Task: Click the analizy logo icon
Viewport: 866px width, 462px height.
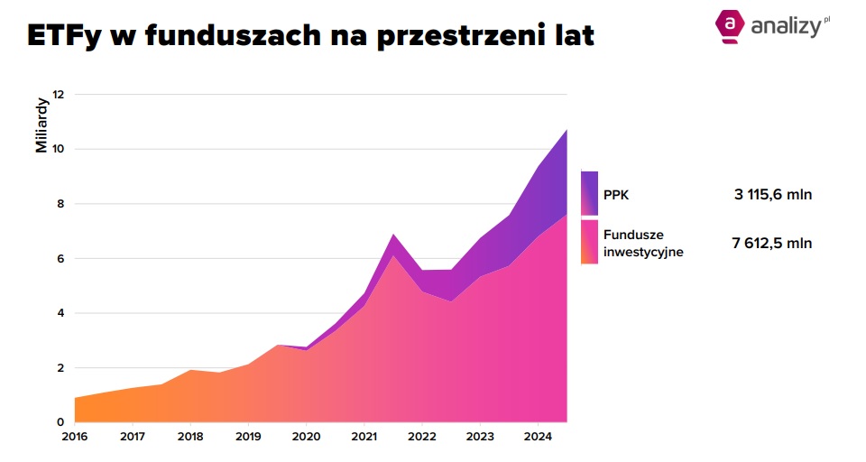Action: point(728,24)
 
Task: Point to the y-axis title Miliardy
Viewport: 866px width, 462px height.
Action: point(41,125)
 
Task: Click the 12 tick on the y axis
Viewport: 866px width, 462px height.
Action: point(59,95)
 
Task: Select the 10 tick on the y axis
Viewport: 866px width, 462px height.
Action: point(59,149)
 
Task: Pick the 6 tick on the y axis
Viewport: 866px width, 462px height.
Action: point(61,259)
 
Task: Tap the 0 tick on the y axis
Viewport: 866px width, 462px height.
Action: point(61,422)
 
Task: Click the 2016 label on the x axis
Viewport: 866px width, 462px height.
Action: point(75,439)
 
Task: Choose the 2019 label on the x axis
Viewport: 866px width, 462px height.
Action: point(248,439)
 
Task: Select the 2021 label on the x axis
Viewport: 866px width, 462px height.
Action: point(364,439)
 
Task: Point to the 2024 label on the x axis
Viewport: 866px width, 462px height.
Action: point(538,439)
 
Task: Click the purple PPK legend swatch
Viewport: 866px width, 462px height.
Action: point(589,192)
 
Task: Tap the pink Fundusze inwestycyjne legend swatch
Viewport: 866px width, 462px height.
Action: point(589,242)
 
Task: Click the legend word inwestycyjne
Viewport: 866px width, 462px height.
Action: point(643,252)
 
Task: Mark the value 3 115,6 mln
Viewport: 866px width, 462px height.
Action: point(772,193)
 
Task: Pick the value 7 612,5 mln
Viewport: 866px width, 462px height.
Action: point(772,243)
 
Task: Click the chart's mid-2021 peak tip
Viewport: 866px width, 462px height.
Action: point(392,235)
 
